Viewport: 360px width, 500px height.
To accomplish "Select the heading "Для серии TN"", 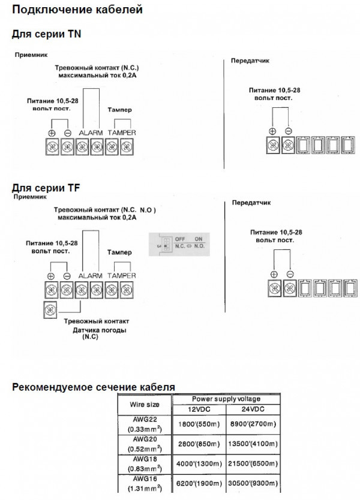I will click(47, 34).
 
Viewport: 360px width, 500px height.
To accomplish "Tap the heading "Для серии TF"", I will click(46, 188).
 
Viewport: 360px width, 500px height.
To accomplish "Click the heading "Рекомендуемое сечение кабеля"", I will click(94, 387).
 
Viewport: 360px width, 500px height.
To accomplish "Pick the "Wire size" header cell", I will click(145, 404).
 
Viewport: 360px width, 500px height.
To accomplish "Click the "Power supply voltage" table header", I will click(225, 399).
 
